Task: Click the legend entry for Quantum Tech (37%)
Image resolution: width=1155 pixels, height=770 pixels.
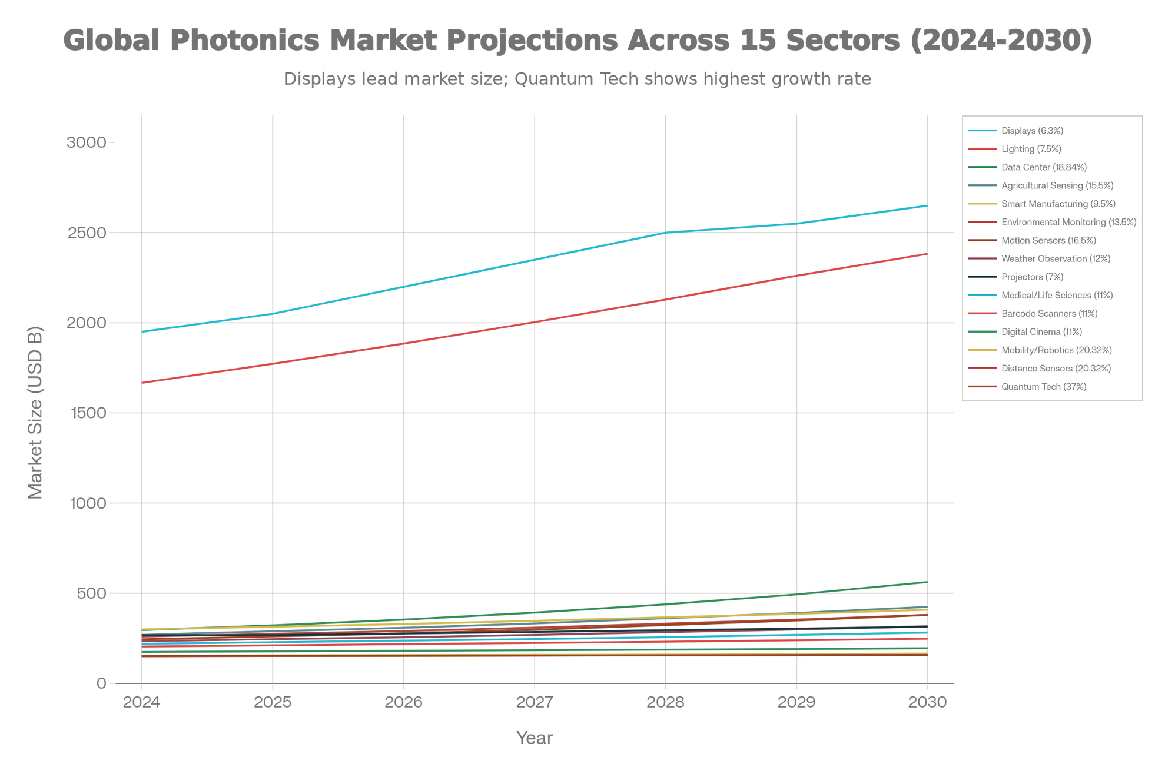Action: coord(1043,387)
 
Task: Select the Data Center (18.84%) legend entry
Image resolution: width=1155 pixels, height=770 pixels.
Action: coord(1043,168)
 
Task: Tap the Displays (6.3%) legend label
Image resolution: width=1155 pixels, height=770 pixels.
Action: coord(1032,131)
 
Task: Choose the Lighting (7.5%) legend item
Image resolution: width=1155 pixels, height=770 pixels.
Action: coord(1031,150)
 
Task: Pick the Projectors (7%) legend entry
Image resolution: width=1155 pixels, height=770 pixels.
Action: coord(1032,277)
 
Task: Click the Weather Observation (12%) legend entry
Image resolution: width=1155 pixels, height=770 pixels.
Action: coord(1056,259)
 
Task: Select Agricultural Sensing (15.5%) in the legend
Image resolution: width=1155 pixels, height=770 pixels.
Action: coord(1057,186)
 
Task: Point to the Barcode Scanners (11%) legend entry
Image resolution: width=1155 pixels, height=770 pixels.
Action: coord(1049,314)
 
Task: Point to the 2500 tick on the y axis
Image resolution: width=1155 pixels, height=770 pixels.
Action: coord(87,233)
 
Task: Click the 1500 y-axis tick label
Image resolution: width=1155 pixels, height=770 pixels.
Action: coord(87,413)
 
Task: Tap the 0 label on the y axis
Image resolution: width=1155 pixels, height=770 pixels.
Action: coord(101,683)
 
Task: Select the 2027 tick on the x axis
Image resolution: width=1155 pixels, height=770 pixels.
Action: coord(535,702)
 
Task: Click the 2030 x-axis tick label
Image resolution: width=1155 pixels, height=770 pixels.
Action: coord(928,702)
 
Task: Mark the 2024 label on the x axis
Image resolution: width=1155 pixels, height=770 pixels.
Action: coord(141,702)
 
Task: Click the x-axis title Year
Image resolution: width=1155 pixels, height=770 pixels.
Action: coord(535,738)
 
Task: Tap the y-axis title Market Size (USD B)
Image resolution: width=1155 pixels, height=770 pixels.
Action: coord(36,412)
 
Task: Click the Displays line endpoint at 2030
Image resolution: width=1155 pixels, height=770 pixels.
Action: coord(927,205)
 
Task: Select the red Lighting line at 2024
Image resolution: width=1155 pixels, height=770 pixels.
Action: coord(142,383)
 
